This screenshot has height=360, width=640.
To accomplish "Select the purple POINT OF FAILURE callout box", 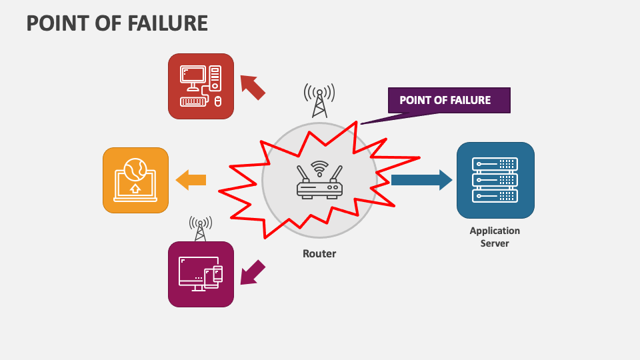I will pyautogui.click(x=449, y=101).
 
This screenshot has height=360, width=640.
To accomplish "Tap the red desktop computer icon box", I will pyautogui.click(x=201, y=86).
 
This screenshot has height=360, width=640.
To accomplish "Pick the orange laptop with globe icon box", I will pyautogui.click(x=135, y=180).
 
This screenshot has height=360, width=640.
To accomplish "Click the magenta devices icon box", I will pyautogui.click(x=201, y=274).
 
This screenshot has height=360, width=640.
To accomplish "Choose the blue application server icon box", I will pyautogui.click(x=495, y=180).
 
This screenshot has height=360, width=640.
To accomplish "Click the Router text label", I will pyautogui.click(x=319, y=253).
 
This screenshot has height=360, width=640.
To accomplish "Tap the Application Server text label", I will pyautogui.click(x=495, y=237).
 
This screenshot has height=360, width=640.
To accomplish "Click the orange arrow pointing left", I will pyautogui.click(x=191, y=179).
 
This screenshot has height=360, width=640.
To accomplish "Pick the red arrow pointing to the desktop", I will pyautogui.click(x=252, y=87).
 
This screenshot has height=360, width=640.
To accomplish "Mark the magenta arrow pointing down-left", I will pyautogui.click(x=252, y=272).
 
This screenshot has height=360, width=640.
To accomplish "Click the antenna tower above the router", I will pyautogui.click(x=319, y=100).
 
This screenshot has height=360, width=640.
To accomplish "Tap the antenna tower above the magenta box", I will pyautogui.click(x=200, y=228).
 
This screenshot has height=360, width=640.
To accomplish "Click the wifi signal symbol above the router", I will pyautogui.click(x=320, y=166).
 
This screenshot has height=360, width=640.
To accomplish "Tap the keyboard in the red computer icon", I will pyautogui.click(x=193, y=101).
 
